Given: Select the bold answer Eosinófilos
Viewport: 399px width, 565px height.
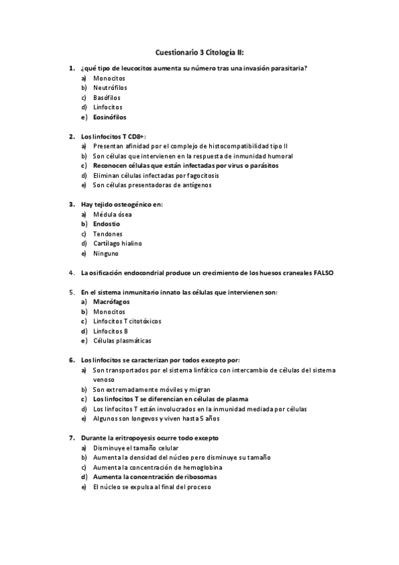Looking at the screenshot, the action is coord(110,117).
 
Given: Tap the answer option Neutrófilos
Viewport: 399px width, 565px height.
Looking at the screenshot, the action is coord(110,87).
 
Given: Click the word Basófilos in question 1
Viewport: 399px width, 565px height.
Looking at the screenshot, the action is coord(107,97).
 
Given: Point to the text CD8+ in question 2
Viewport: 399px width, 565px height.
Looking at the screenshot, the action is coord(135,136).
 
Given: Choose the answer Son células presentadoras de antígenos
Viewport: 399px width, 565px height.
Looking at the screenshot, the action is coord(153,185).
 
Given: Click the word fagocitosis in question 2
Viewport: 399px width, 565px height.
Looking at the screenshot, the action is coord(202,175).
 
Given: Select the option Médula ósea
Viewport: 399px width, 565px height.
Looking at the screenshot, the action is coord(112,215).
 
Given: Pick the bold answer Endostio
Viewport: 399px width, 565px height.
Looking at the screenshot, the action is coord(107,225).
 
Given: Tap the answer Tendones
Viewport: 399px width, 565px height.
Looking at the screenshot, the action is coord(108,234).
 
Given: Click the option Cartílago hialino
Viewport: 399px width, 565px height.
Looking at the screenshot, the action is coord(117,244).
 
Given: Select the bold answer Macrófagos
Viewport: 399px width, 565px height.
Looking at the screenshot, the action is coord(111,302).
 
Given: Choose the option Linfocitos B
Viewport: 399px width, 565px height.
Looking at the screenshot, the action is coord(111,331).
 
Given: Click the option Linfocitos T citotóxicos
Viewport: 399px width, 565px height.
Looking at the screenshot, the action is coord(127,321).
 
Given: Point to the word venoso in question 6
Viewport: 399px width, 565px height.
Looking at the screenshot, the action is coord(103,379).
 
